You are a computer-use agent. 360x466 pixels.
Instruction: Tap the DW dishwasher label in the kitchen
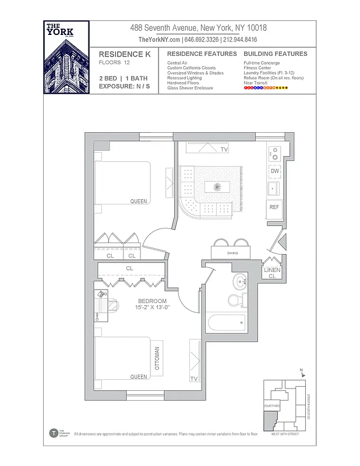(x=274, y=171)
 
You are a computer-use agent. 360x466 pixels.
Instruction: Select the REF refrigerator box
(x=274, y=207)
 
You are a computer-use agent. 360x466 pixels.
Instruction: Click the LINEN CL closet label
(x=273, y=273)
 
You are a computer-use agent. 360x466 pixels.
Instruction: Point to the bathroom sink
(x=240, y=283)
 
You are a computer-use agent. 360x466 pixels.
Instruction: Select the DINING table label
(x=232, y=253)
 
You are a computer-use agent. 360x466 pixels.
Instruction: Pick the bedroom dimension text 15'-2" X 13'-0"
(x=152, y=304)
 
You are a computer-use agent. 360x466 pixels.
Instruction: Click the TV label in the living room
(x=224, y=150)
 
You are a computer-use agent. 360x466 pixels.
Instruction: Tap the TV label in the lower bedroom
(x=193, y=379)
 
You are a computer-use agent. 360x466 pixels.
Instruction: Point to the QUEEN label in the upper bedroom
(x=139, y=202)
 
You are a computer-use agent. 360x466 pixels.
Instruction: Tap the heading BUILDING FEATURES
(x=275, y=54)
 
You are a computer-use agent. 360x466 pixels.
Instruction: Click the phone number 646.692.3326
(x=202, y=40)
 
